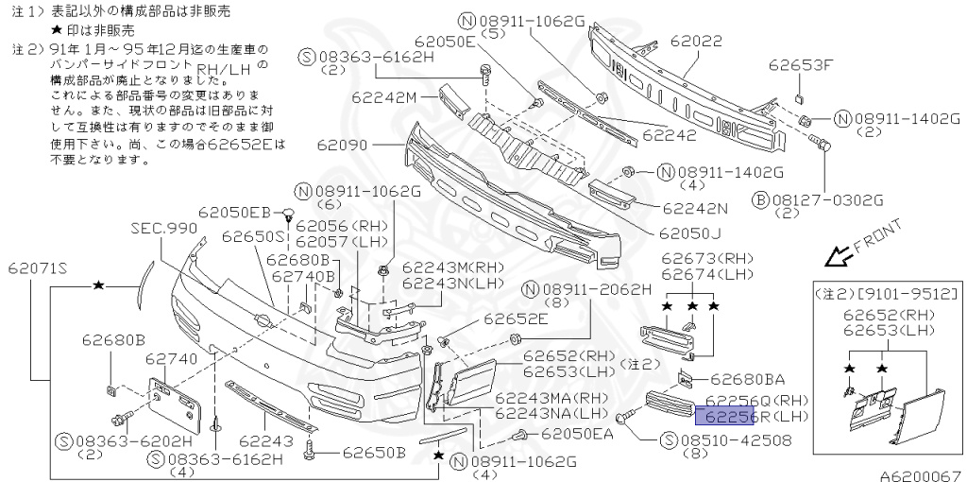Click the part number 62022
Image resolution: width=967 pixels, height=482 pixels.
coord(697,42)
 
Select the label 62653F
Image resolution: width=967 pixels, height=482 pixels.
coord(801,65)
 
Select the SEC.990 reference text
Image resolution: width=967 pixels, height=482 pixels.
coord(163,229)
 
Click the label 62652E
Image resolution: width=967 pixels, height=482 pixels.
coord(516,319)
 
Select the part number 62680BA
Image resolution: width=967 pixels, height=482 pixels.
coord(746,379)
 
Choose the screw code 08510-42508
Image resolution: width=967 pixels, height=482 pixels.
coord(734,439)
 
